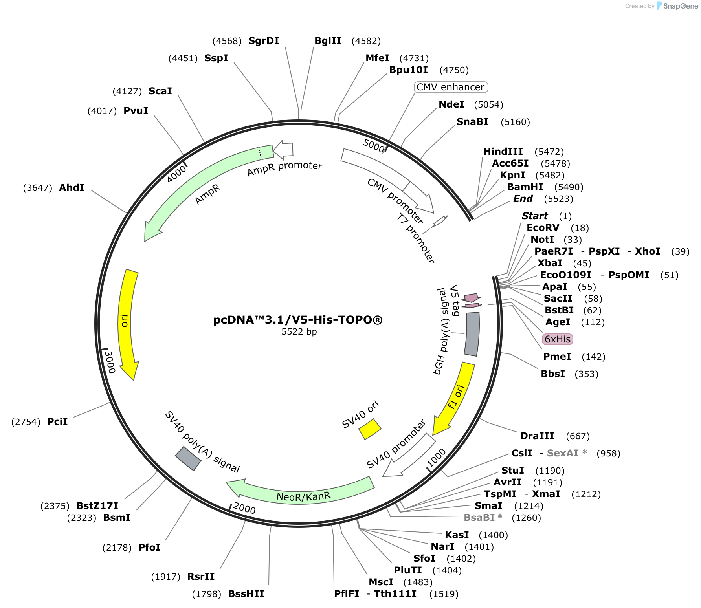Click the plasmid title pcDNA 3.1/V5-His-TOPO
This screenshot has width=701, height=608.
297,320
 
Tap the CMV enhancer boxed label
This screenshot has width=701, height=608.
451,87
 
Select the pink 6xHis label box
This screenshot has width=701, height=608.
557,339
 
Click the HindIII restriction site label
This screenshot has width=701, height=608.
503,152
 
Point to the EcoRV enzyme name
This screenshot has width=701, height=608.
543,228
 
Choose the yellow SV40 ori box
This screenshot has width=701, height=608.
370,429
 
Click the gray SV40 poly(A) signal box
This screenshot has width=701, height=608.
188,458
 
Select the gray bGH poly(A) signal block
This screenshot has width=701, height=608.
472,334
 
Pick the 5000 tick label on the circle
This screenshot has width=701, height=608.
374,146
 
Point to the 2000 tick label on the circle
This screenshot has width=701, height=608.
244,508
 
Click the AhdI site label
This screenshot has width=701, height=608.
72,188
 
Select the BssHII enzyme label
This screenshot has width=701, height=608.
246,594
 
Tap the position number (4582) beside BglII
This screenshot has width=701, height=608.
366,41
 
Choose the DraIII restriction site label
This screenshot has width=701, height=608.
537,436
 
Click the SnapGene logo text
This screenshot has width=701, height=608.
681,6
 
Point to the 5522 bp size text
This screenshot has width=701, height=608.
299,332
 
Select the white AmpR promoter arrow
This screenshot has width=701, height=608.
283,150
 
